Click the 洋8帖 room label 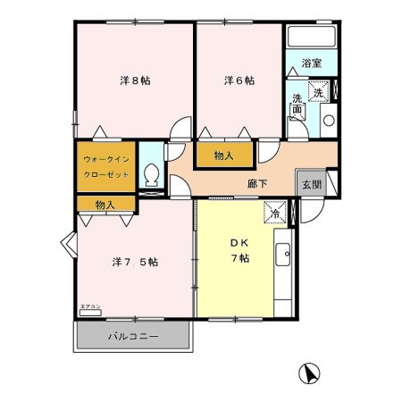[135, 80]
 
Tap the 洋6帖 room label [239, 80]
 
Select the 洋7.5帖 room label [135, 263]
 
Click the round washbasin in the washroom [328, 120]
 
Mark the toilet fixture [153, 172]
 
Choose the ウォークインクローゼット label [106, 166]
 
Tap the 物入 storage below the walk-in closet [105, 205]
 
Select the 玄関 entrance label [310, 184]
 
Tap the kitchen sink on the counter [285, 255]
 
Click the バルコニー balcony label [133, 338]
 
